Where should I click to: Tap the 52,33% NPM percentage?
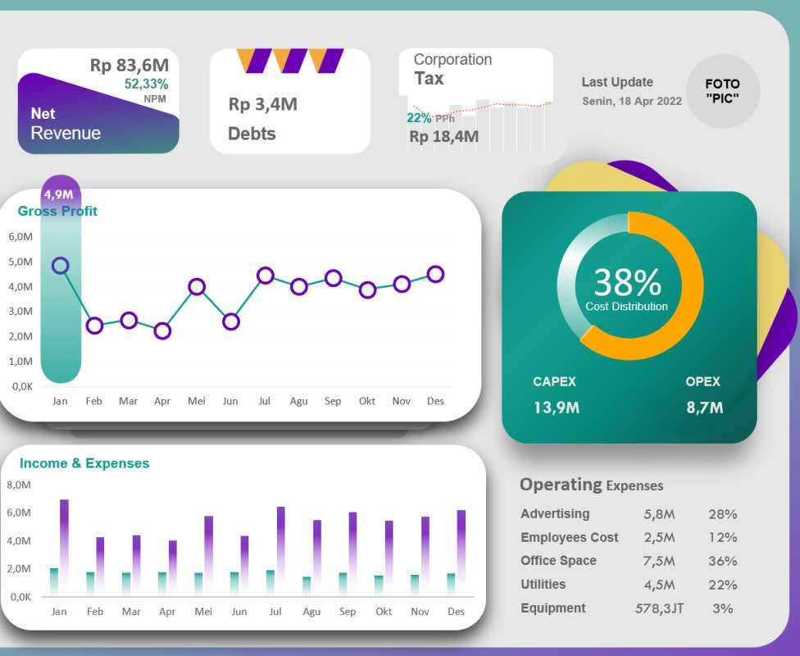(x=146, y=84)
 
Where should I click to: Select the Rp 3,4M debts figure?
(x=262, y=104)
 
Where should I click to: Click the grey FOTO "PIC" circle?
(x=722, y=91)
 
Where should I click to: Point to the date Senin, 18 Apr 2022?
(x=632, y=102)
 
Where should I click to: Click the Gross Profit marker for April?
(x=162, y=331)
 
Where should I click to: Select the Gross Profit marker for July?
(x=265, y=276)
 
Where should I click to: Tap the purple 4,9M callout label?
(x=59, y=194)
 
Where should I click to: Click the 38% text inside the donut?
(x=627, y=283)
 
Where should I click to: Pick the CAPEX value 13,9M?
(x=556, y=407)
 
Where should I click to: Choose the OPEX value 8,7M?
(x=704, y=407)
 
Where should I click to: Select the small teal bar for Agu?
(x=307, y=585)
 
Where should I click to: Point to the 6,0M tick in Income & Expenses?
(x=19, y=512)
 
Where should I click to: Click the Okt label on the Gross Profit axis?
(x=366, y=401)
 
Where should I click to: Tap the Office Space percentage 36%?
(x=722, y=561)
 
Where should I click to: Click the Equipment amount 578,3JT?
(x=659, y=608)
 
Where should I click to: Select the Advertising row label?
(x=555, y=513)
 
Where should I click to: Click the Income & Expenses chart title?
(x=84, y=463)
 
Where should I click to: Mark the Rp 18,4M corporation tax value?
(x=443, y=137)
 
